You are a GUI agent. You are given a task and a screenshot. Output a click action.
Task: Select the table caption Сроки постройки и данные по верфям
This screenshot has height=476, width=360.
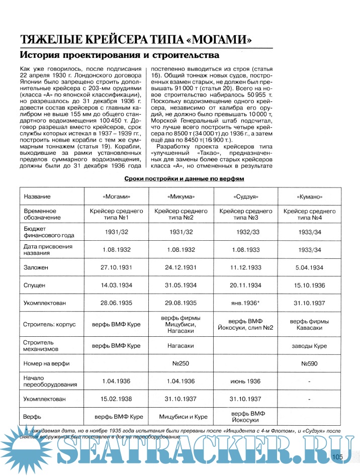point(184,178)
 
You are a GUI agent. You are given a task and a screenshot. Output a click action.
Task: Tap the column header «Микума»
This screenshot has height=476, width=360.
point(181,197)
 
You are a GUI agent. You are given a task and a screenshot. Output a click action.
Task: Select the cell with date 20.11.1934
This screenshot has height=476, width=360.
point(245,285)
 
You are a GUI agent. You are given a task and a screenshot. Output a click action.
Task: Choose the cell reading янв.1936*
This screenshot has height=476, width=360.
point(245,303)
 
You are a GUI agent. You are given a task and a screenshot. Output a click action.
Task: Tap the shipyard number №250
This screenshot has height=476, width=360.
point(181,362)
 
